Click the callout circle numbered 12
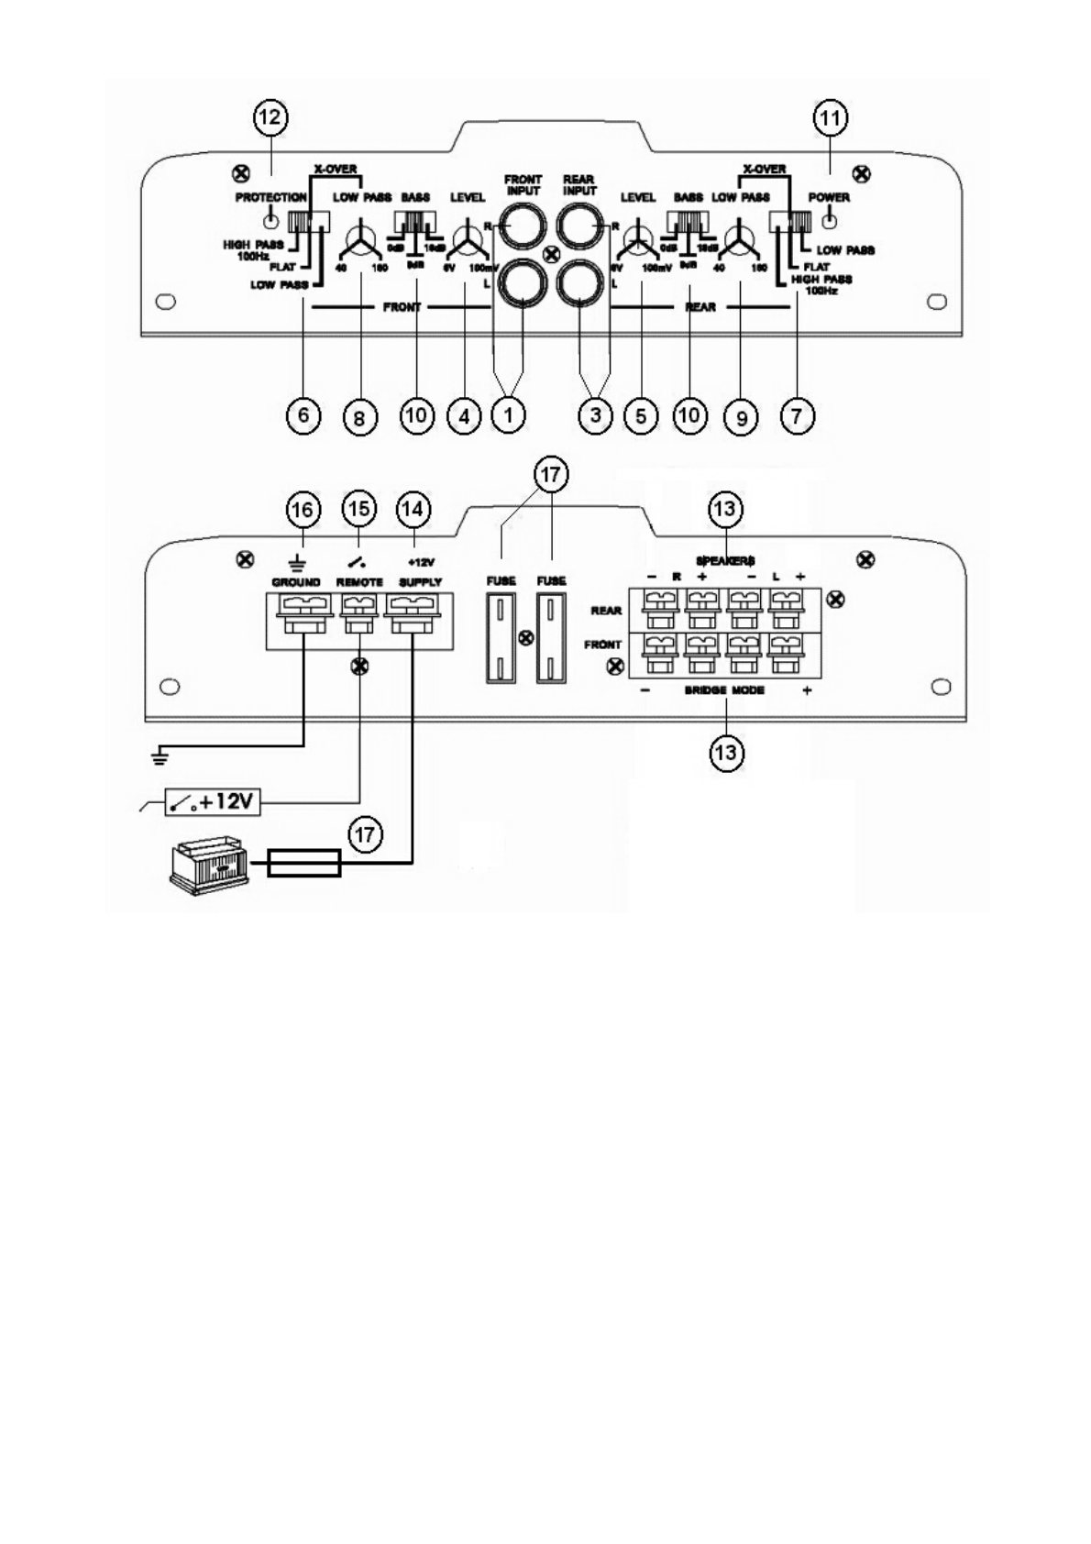(270, 118)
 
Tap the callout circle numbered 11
(831, 118)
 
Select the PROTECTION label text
(270, 198)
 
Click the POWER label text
(829, 198)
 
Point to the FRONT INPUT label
(523, 185)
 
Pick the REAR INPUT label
(579, 185)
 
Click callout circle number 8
(359, 417)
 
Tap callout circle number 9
(741, 417)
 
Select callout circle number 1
(507, 414)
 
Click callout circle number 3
(596, 414)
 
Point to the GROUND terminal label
(296, 582)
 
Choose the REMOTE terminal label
(359, 582)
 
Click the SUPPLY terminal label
(420, 582)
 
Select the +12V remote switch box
(212, 802)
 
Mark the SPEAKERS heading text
(724, 560)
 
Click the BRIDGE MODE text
(724, 690)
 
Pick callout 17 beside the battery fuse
(365, 834)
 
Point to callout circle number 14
(414, 510)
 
